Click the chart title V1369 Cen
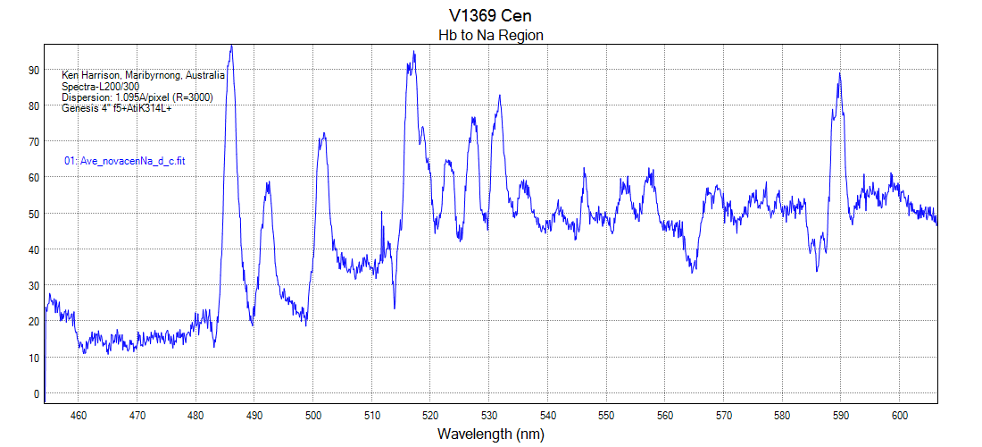pos(491,16)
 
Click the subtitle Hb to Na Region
pos(490,35)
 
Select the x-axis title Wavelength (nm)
pos(490,434)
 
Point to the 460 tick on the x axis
pos(79,415)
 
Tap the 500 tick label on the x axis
pos(313,415)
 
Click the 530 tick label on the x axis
pos(489,415)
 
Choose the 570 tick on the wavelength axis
pos(724,415)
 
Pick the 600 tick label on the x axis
pos(900,415)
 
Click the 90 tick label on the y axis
pos(34,70)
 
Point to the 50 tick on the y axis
pos(34,214)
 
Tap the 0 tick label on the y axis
pos(37,393)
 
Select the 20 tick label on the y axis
pos(34,322)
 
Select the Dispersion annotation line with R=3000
pos(137,97)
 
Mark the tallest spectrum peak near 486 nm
pos(231,46)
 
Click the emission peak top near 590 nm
pos(839,74)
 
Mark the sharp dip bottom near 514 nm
pos(395,308)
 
